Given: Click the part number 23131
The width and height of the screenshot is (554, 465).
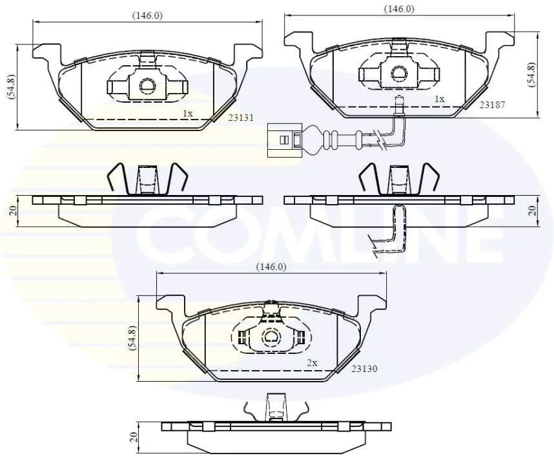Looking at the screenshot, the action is click(241, 118).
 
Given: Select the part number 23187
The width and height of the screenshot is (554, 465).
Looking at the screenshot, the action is click(492, 105).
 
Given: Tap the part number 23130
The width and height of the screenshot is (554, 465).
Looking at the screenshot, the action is click(364, 369).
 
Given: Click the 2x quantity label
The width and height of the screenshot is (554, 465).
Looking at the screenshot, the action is click(312, 363).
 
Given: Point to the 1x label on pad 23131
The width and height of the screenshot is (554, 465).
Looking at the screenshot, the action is click(188, 114).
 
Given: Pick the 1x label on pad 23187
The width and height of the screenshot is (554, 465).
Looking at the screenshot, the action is click(439, 99).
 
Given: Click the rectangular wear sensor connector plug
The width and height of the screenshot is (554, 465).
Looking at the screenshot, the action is click(284, 140).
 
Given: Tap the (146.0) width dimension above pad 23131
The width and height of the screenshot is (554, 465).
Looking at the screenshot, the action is click(147, 15).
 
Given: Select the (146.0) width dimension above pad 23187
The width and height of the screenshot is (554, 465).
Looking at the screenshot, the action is click(399, 9).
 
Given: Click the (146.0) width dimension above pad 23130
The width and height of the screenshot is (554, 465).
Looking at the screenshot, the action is click(271, 267).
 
